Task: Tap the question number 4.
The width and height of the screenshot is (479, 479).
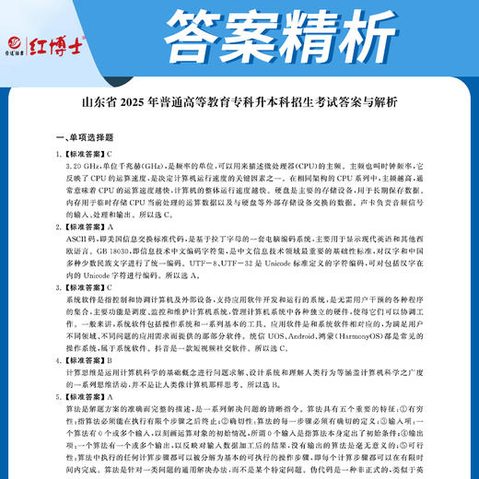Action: coord(58,362)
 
